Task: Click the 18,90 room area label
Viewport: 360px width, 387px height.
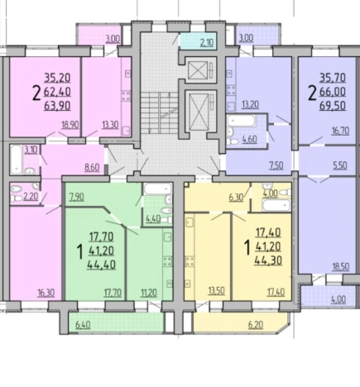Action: point(70,125)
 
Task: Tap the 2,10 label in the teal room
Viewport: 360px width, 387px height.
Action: point(207,43)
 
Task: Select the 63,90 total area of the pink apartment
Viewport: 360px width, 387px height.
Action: point(57,105)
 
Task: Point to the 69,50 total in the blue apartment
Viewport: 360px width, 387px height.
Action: point(333,106)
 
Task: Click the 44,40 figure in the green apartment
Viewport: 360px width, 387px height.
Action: point(101,265)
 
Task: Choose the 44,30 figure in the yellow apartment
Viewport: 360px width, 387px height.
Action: point(268,260)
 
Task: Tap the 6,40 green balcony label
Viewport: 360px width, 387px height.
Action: point(83,325)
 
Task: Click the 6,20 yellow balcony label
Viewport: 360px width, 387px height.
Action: point(256,325)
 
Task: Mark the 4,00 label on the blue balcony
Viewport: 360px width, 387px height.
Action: point(338,299)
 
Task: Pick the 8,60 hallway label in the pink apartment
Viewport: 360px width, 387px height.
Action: point(92,167)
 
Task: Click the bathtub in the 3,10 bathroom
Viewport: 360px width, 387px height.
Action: point(17,160)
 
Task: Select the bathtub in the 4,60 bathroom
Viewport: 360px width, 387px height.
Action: point(241,121)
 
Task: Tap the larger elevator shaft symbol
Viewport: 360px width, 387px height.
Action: point(199,111)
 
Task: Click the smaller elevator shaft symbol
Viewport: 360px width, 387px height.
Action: point(198,70)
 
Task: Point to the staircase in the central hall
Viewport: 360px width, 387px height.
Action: point(160,112)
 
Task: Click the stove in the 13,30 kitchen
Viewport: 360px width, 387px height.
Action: point(126,96)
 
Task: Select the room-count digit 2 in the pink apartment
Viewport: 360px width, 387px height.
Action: point(36,93)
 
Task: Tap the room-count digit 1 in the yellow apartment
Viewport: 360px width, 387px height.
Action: point(247,247)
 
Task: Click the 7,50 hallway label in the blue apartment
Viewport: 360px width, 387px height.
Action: point(276,165)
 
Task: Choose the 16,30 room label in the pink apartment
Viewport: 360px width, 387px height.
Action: point(46,293)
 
